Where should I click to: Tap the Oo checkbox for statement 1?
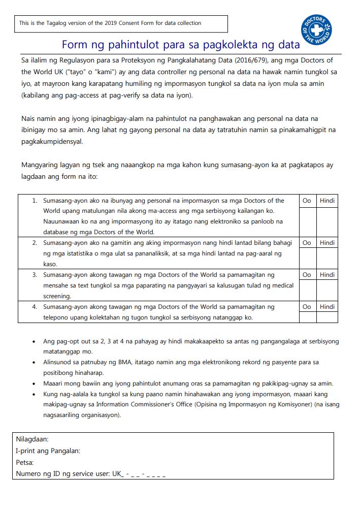(307, 221)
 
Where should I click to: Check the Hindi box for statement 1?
(327, 221)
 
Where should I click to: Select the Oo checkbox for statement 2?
(307, 258)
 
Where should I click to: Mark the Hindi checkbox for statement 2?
(327, 258)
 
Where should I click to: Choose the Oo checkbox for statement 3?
(307, 290)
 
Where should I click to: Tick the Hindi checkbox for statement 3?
(327, 290)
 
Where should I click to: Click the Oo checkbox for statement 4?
(307, 317)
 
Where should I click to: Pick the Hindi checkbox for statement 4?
(327, 317)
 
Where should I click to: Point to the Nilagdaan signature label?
(32, 439)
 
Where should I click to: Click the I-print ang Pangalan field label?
(48, 451)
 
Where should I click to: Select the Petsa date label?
(24, 463)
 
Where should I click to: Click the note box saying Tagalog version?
(121, 23)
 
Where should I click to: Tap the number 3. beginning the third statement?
(35, 275)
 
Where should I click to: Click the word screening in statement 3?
(57, 296)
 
